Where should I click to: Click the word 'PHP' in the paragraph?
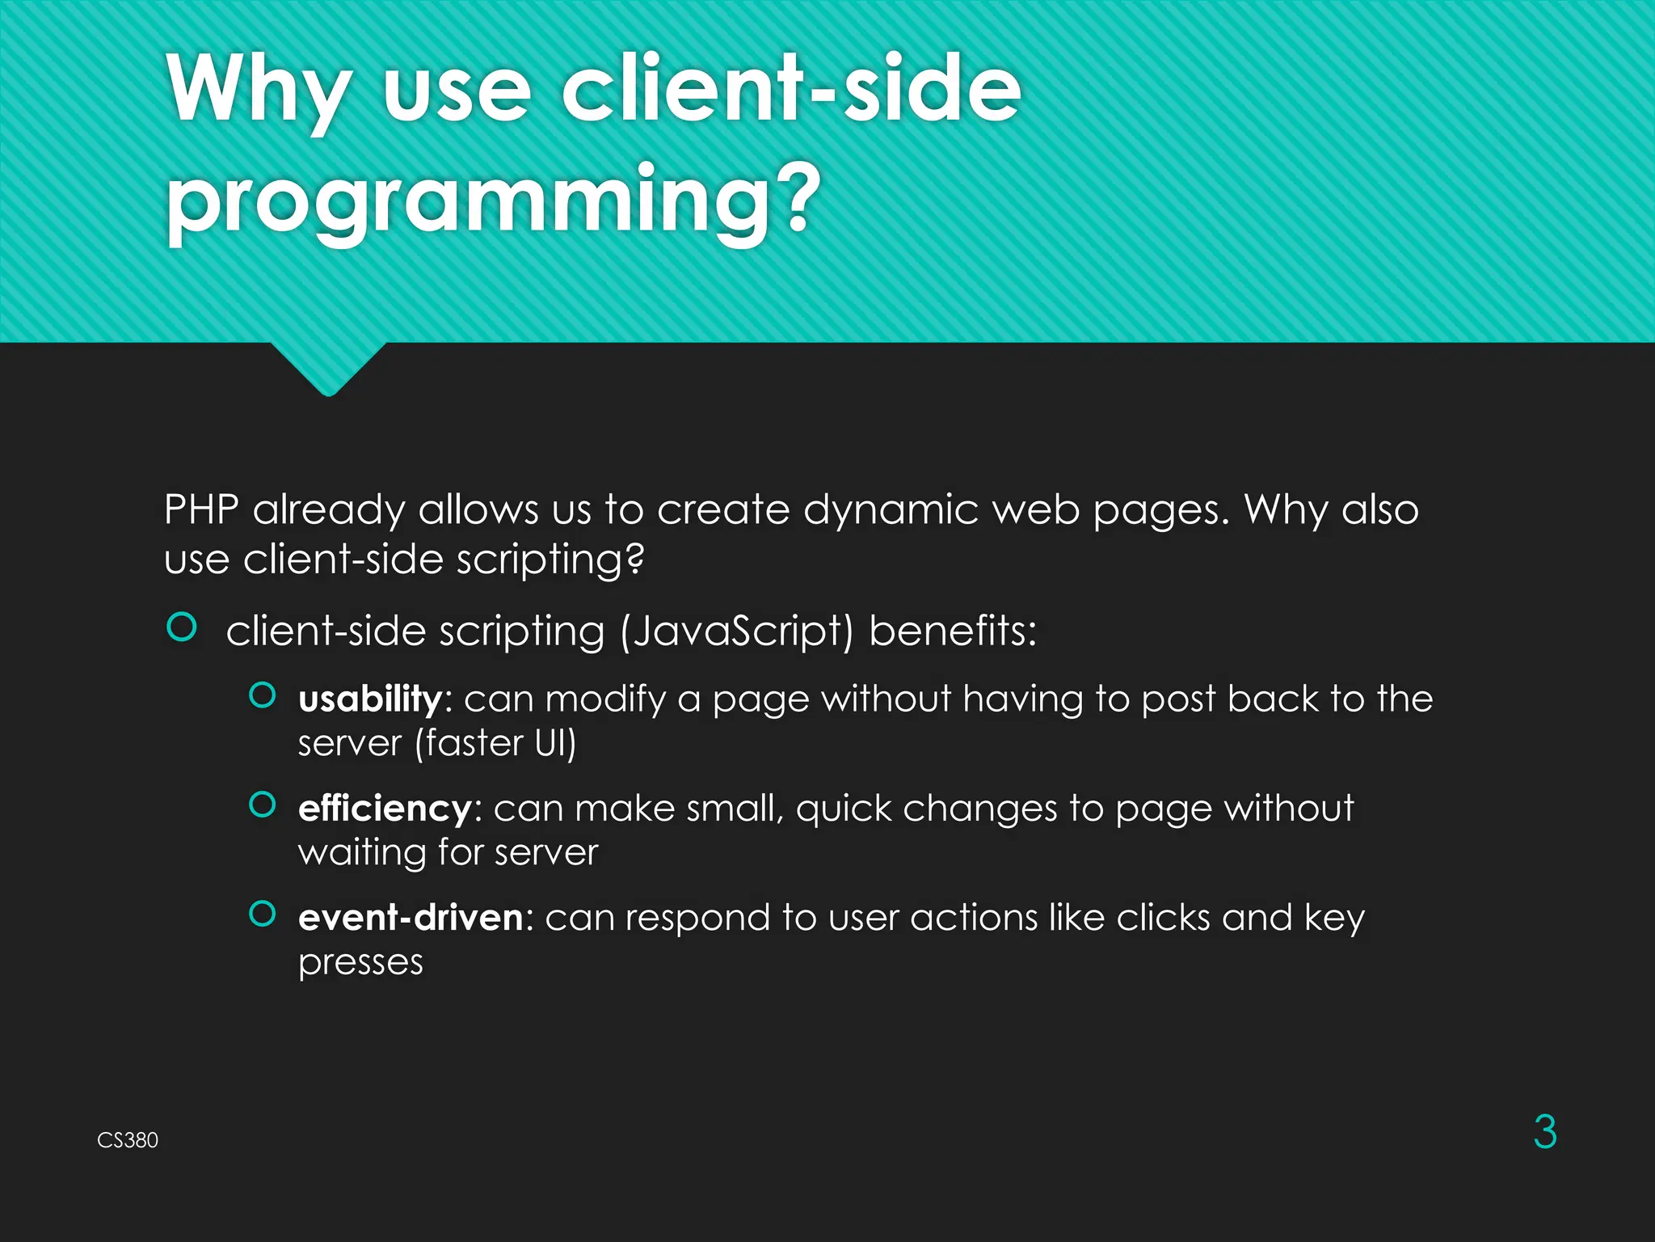(201, 510)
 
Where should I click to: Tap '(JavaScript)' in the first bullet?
(736, 632)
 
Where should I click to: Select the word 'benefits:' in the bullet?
(953, 631)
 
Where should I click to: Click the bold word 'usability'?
(370, 699)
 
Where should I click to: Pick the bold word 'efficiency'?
(385, 809)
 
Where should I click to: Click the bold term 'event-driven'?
(411, 918)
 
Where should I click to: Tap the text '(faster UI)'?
(495, 743)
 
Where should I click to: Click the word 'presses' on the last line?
(360, 962)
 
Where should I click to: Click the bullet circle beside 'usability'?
(263, 695)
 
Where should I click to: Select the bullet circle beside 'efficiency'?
(263, 805)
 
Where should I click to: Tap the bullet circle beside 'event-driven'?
(263, 914)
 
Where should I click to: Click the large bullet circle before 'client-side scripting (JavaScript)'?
(182, 627)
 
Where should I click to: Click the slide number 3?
(1544, 1132)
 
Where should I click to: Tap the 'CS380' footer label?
(128, 1140)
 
